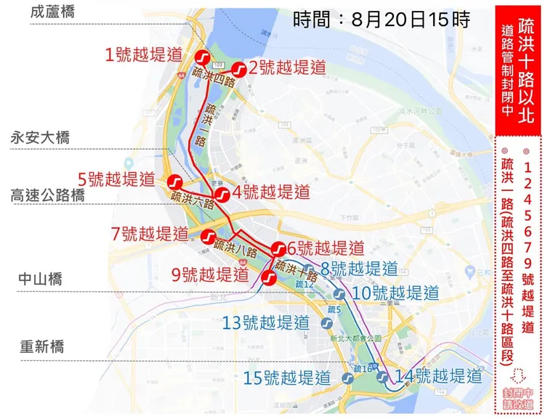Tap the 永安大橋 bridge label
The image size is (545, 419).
pos(40,137)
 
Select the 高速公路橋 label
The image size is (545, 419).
pos(47,195)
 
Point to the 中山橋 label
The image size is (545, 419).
pos(41,279)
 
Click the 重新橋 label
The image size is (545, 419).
pos(41,346)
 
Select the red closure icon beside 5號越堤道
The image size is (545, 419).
pos(174,181)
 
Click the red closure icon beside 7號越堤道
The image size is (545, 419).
pos(207,237)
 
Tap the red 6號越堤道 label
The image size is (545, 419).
pos(324,248)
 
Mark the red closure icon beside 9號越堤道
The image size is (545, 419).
pos(267,276)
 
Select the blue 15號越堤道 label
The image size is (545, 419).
pos(287,378)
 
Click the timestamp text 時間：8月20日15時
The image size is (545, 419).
pos(381,19)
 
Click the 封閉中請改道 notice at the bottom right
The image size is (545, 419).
pos(517,398)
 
